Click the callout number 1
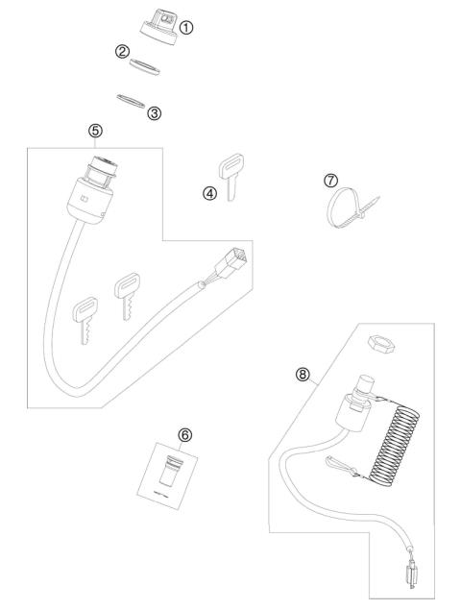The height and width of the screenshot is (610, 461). click(186, 27)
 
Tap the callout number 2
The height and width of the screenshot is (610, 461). click(122, 51)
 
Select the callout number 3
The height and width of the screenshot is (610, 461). click(155, 112)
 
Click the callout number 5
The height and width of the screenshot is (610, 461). click(94, 129)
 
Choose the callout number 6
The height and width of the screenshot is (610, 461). click(185, 434)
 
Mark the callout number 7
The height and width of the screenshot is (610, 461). click(331, 180)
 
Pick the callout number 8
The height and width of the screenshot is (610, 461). click(303, 376)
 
